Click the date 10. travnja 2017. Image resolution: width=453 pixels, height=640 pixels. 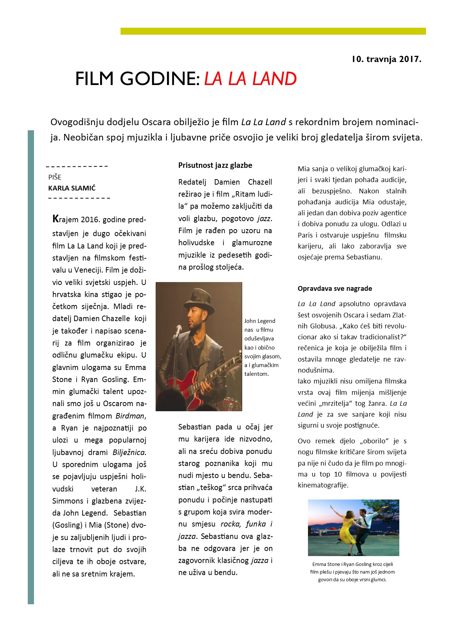387,59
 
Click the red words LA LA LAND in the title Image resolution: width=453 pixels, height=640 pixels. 250,79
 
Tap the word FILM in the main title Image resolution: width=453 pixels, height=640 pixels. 95,79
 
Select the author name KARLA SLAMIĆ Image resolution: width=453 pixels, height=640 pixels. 72,188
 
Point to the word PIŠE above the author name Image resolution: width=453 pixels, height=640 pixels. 55,177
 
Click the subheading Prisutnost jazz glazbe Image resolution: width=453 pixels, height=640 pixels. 215,165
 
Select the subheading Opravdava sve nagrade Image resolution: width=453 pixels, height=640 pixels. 335,289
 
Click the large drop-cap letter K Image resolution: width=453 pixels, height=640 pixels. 56,219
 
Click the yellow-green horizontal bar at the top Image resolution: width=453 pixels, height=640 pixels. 273,31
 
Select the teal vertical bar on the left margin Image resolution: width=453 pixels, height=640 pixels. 31,365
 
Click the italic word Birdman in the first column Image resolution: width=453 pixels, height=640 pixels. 130,416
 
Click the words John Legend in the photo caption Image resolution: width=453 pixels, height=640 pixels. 260,321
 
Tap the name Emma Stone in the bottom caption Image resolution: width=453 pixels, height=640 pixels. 326,564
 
